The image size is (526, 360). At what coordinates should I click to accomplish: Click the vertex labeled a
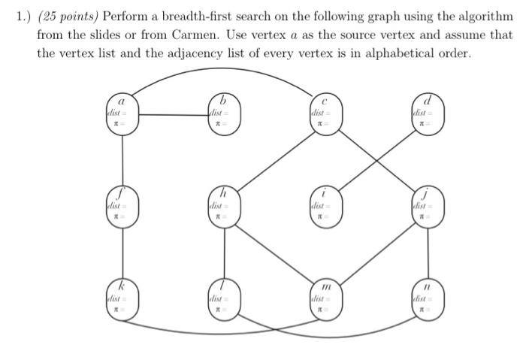(x=122, y=113)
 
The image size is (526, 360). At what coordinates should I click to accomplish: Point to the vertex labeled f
(x=122, y=204)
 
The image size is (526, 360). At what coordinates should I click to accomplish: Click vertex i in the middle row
(x=323, y=204)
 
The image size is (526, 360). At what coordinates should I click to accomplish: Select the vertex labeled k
(x=122, y=298)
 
